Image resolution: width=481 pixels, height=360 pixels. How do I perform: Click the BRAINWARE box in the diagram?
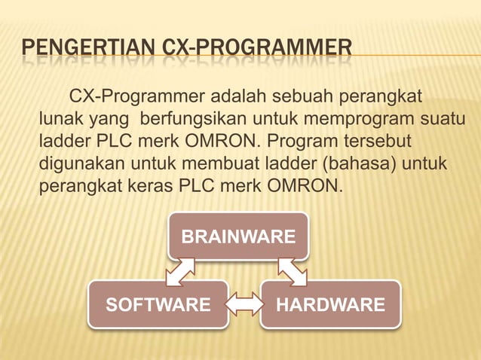pyautogui.click(x=237, y=237)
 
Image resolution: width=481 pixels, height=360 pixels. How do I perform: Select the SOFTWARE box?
pyautogui.click(x=158, y=305)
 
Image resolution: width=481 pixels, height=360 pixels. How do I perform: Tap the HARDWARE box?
pyautogui.click(x=330, y=305)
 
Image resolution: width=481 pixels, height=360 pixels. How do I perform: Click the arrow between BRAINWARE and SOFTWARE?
pyautogui.click(x=181, y=272)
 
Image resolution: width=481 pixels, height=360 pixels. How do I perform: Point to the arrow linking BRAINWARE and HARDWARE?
pyautogui.click(x=293, y=272)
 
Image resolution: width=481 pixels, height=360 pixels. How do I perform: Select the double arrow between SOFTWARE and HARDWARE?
pyautogui.click(x=244, y=305)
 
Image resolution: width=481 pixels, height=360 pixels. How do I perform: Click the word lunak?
pyautogui.click(x=61, y=120)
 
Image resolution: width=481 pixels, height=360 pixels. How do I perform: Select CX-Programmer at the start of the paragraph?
pyautogui.click(x=136, y=98)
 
